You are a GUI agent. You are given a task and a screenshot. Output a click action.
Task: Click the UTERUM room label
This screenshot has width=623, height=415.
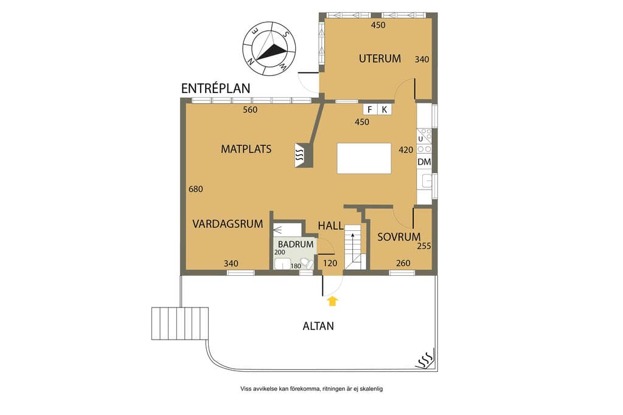(x=380, y=59)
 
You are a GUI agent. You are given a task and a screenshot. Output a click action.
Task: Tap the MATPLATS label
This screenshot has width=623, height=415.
(x=246, y=149)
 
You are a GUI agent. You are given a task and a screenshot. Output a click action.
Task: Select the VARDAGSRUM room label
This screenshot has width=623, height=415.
(x=228, y=224)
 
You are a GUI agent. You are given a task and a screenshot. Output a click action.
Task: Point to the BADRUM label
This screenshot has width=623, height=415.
(x=296, y=244)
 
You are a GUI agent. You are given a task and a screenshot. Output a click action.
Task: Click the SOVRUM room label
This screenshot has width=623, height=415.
(x=399, y=237)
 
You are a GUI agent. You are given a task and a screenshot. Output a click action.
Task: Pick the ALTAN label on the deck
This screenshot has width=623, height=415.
(x=318, y=326)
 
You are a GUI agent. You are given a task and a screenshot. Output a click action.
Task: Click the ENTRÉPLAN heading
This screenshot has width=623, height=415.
(x=216, y=88)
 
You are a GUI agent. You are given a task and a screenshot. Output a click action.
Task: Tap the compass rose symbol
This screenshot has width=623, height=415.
(x=270, y=49)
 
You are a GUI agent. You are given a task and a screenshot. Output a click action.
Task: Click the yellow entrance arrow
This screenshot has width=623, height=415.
(x=333, y=301)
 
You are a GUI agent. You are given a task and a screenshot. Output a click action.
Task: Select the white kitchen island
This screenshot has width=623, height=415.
(x=364, y=159)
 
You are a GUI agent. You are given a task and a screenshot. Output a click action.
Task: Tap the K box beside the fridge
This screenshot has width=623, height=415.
(x=385, y=109)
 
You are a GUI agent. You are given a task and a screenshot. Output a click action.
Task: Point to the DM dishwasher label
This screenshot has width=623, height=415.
(x=424, y=162)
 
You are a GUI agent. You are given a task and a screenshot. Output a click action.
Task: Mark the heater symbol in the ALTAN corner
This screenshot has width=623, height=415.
(x=424, y=360)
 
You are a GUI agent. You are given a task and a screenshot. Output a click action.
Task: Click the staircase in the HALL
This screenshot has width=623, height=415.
(x=355, y=247)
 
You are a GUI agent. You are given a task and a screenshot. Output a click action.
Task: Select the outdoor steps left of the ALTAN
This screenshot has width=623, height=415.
(x=180, y=323)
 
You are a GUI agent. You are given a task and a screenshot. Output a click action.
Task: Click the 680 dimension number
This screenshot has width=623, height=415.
(x=195, y=189)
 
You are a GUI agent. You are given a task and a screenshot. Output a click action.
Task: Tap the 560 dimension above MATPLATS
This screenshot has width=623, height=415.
(x=250, y=110)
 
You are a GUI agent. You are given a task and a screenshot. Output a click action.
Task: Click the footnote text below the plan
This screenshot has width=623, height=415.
(x=311, y=389)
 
